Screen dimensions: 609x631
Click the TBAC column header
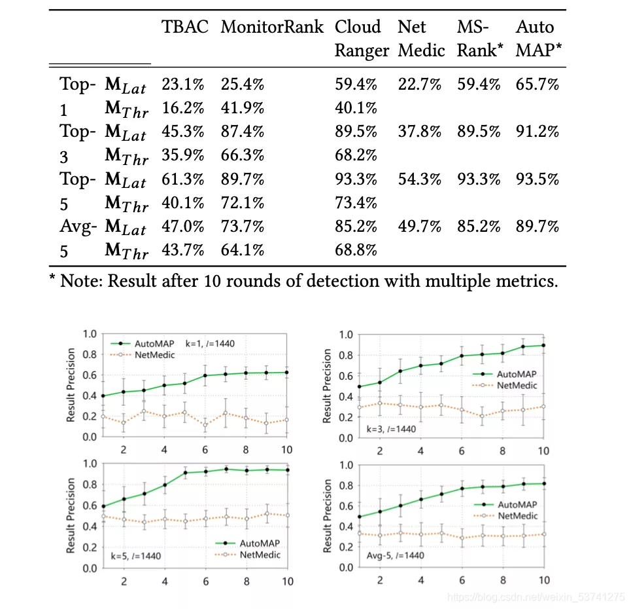coord(185,28)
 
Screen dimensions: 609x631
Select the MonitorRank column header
coord(272,28)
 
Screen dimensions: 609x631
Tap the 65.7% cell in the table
coord(537,84)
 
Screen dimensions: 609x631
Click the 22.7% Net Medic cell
coord(419,84)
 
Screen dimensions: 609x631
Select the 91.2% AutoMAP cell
coord(537,132)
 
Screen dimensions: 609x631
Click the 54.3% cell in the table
coord(419,179)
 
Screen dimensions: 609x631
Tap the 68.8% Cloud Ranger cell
coord(356,250)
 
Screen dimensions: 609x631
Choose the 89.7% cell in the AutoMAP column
coord(537,227)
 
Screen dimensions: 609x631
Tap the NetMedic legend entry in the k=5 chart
coord(260,555)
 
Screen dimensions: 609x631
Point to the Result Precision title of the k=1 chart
coord(71,385)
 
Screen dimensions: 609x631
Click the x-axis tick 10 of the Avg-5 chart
coord(543,580)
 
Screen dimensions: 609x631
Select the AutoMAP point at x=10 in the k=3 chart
coord(543,345)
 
